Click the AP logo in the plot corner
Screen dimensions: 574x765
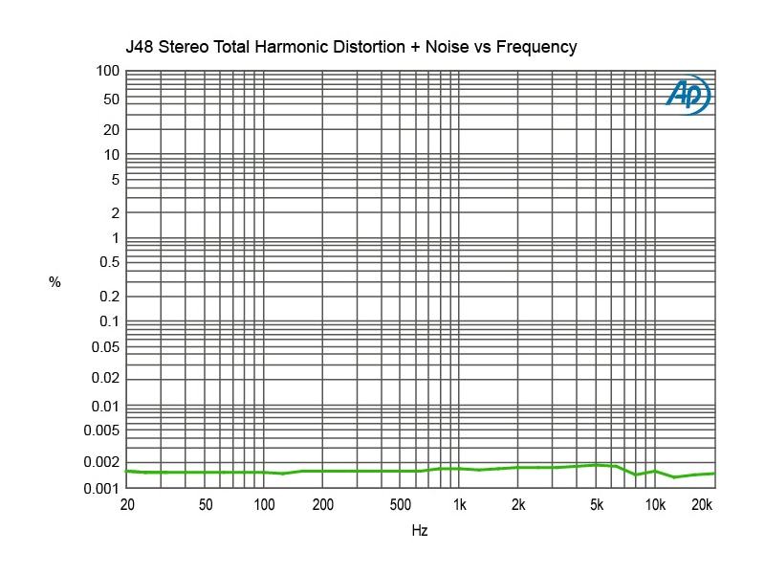pyautogui.click(x=688, y=95)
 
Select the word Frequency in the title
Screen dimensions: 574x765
pyautogui.click(x=539, y=47)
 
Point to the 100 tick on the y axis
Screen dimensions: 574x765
pyautogui.click(x=107, y=71)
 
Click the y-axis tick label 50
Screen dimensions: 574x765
pyautogui.click(x=111, y=99)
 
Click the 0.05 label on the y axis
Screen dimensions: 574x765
pyautogui.click(x=103, y=346)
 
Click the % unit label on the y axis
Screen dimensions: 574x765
pyautogui.click(x=55, y=282)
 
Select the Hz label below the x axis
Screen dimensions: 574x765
pyautogui.click(x=420, y=529)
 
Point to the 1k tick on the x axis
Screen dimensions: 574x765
pyautogui.click(x=460, y=505)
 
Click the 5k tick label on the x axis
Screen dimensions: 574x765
pyautogui.click(x=597, y=505)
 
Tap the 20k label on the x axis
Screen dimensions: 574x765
pyautogui.click(x=703, y=505)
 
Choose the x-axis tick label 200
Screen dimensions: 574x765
pyautogui.click(x=322, y=505)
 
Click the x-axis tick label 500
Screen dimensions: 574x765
pyautogui.click(x=401, y=505)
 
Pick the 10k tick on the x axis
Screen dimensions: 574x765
pyautogui.click(x=655, y=505)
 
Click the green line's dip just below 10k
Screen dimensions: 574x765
pyautogui.click(x=636, y=475)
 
